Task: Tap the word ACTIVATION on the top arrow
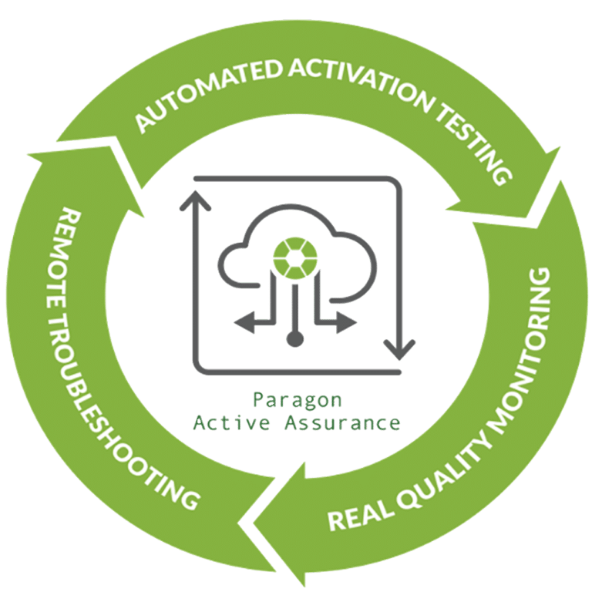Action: pyautogui.click(x=362, y=86)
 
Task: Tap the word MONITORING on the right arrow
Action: pyautogui.click(x=525, y=351)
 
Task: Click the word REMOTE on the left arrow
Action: pyautogui.click(x=62, y=257)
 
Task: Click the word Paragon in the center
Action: pyautogui.click(x=297, y=400)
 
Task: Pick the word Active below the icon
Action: pyautogui.click(x=231, y=422)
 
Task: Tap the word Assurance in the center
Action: pyautogui.click(x=342, y=422)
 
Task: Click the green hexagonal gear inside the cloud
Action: pyautogui.click(x=295, y=259)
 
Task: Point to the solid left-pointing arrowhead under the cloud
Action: pyautogui.click(x=244, y=323)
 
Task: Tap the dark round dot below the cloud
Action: pyautogui.click(x=295, y=338)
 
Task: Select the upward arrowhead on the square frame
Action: pyautogui.click(x=195, y=200)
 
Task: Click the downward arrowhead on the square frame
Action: pyautogui.click(x=399, y=350)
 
